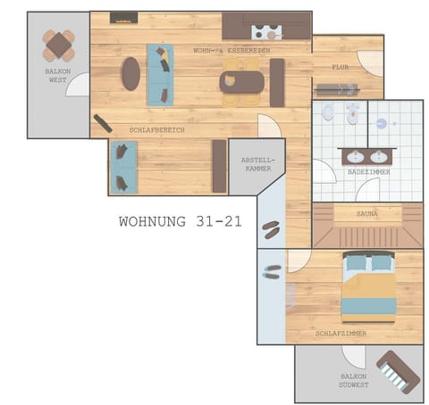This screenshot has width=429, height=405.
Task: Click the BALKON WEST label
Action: pyautogui.click(x=57, y=74)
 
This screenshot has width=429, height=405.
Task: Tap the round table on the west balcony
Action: pyautogui.click(x=58, y=44)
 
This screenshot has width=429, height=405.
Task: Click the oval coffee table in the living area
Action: pyautogui.click(x=131, y=73)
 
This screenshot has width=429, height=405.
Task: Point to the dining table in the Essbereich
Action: pyautogui.click(x=241, y=82)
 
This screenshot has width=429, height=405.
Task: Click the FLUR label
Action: pyautogui.click(x=341, y=67)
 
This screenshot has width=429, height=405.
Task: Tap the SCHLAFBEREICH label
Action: pyautogui.click(x=156, y=129)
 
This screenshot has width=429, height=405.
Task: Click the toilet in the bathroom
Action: pyautogui.click(x=329, y=113)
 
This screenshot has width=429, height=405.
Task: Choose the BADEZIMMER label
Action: pyautogui.click(x=368, y=171)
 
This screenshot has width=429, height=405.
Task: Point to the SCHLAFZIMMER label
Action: pyautogui.click(x=341, y=333)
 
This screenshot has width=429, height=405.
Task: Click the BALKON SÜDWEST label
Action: pyautogui.click(x=352, y=380)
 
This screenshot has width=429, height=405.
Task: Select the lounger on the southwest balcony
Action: pyautogui.click(x=398, y=371)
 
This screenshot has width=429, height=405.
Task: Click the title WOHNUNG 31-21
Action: pyautogui.click(x=180, y=221)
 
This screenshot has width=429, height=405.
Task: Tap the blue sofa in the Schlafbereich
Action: pyautogui.click(x=122, y=167)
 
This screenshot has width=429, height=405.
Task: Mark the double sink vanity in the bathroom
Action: pyautogui.click(x=368, y=155)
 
